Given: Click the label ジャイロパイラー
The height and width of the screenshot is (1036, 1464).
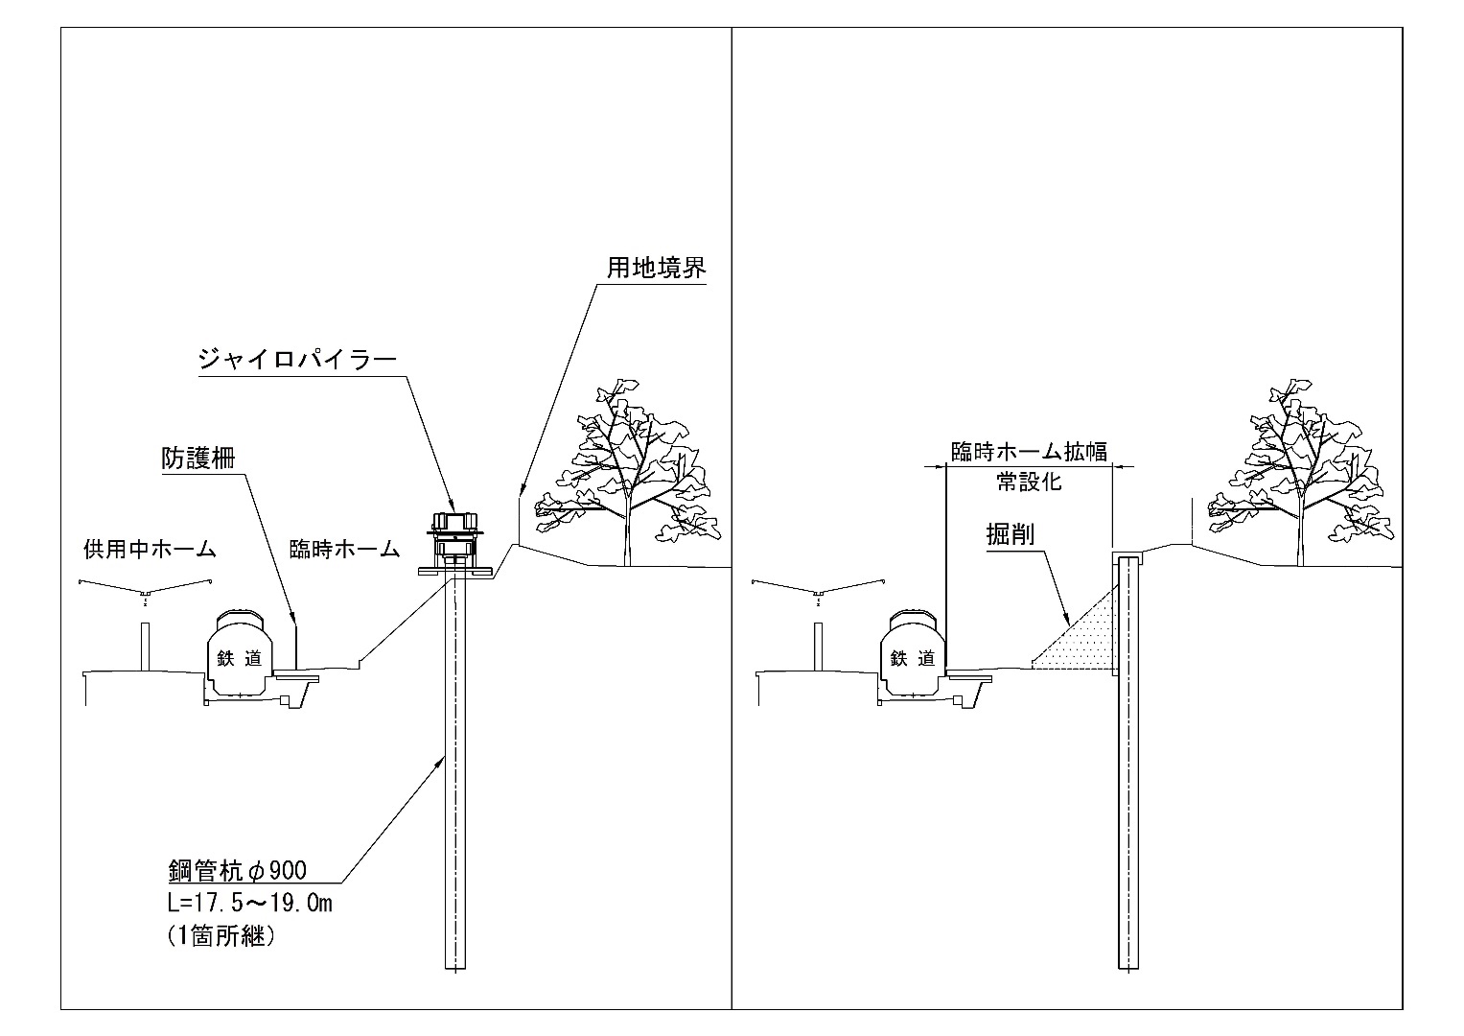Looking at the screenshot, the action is [298, 360].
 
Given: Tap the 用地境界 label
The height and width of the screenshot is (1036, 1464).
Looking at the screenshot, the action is [657, 268].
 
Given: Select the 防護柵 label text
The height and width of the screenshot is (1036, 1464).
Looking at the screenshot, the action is [198, 459].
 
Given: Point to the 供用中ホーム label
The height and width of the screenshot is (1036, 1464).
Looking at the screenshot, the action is [150, 550].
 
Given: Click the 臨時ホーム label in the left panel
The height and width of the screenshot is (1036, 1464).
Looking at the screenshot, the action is [344, 550].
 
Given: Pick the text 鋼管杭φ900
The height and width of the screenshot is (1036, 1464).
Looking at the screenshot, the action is [237, 871].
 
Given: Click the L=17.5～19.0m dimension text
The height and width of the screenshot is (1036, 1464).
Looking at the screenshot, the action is [249, 904].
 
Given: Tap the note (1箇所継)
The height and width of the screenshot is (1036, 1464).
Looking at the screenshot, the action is [221, 936].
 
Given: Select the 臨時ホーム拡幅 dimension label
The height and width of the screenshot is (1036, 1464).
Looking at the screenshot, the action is [1029, 452].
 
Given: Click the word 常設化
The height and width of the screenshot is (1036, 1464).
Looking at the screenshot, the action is [1029, 482].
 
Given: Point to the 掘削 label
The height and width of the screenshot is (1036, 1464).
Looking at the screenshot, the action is [1010, 535].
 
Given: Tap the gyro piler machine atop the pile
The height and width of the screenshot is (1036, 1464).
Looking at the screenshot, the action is [454, 544].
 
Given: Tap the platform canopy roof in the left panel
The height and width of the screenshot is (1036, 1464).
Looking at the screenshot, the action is [145, 587].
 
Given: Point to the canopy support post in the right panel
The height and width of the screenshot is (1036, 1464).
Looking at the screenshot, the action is [818, 647].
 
